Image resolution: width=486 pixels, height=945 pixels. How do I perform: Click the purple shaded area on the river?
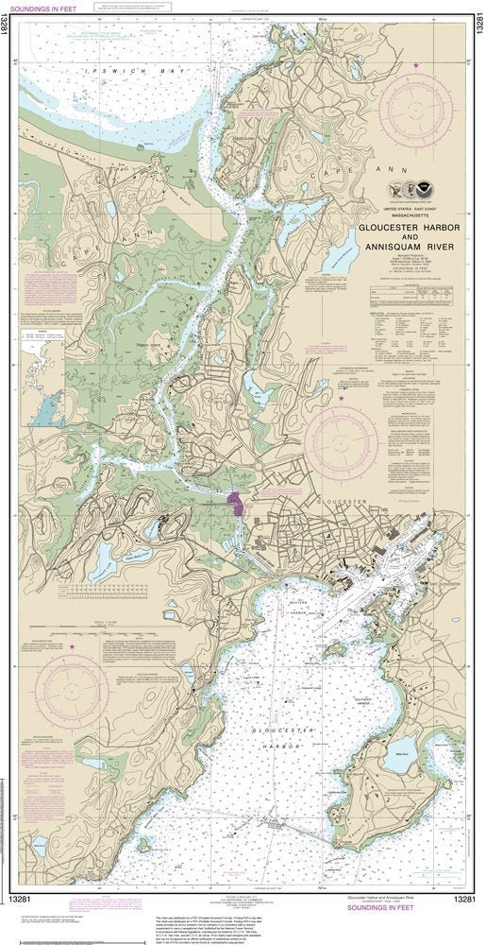click(236, 501)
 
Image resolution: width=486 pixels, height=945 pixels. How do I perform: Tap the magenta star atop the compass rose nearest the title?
click(416, 64)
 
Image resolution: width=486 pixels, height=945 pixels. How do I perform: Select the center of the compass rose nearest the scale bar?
click(72, 691)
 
